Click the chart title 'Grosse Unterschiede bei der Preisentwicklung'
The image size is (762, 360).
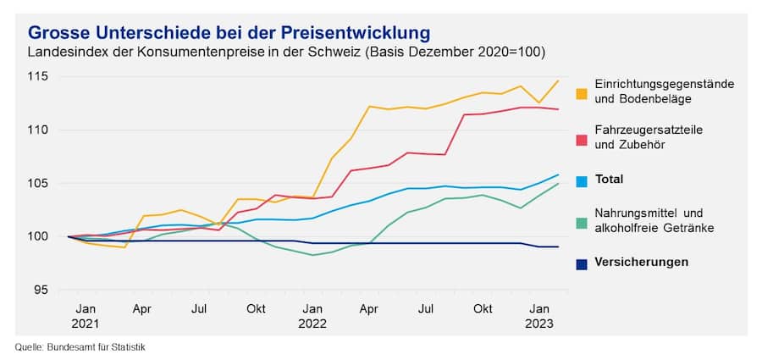pos(229,32)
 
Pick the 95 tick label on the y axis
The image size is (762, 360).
pos(41,290)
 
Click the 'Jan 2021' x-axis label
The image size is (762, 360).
pos(86,316)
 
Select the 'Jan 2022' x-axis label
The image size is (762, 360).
pos(312,316)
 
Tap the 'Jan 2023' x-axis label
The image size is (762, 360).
pos(539,316)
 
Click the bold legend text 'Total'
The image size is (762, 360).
pos(609,180)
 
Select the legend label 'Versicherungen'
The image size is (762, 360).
pos(641,262)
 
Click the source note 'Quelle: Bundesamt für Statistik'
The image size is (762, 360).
pos(86,346)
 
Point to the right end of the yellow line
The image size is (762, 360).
pos(559,80)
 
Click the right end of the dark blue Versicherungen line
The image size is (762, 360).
pos(559,246)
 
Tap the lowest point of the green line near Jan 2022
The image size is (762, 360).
pos(312,255)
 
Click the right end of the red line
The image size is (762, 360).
pos(559,109)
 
